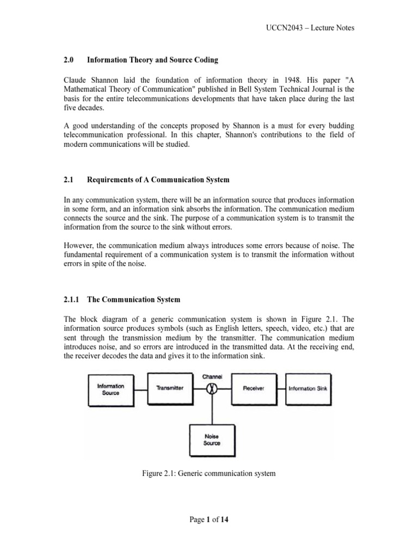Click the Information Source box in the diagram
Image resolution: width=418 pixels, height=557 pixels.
click(110, 389)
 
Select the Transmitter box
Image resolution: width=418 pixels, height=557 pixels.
click(169, 388)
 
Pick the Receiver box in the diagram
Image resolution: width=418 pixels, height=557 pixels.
click(254, 388)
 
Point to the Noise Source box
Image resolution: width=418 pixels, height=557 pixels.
click(212, 439)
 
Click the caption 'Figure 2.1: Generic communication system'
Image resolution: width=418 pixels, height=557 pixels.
click(208, 473)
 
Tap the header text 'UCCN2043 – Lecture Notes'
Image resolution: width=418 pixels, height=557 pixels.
click(311, 28)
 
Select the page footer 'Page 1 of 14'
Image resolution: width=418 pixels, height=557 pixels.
click(208, 519)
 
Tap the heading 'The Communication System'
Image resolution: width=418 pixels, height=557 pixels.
click(133, 300)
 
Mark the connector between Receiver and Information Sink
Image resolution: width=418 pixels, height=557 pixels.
click(280, 388)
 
